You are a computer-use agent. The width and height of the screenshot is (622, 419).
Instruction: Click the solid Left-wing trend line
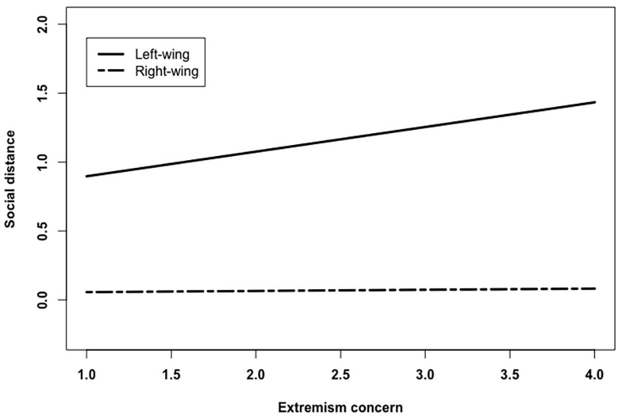(340, 139)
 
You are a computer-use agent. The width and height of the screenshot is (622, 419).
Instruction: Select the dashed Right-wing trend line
(340, 291)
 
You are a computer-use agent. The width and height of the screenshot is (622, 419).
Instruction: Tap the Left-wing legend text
(162, 54)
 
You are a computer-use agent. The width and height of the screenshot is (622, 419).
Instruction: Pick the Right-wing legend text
(167, 71)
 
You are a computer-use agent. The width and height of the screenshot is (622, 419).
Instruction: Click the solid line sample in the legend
(111, 54)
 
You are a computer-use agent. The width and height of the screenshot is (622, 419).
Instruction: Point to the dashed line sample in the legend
(111, 71)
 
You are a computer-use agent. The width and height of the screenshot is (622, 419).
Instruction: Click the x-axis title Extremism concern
(340, 408)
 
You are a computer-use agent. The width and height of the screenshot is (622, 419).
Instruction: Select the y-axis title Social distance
(10, 179)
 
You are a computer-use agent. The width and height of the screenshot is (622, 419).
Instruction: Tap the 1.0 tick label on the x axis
(86, 374)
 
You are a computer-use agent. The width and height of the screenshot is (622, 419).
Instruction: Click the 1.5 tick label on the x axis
(171, 374)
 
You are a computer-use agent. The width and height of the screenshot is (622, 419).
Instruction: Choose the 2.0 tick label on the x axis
(256, 374)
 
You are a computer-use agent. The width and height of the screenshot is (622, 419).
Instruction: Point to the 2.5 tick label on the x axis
(340, 374)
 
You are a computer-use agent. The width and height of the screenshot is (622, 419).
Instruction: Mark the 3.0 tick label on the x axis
(425, 374)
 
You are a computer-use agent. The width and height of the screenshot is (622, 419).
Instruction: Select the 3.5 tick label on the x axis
(509, 374)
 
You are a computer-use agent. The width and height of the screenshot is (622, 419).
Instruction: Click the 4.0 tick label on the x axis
(594, 374)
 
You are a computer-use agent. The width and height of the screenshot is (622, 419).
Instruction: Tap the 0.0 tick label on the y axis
(42, 300)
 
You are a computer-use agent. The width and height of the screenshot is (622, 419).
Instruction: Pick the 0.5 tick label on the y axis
(42, 231)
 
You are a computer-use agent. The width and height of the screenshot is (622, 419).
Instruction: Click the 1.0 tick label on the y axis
(42, 162)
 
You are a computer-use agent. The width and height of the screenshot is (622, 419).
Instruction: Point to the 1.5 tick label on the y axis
(42, 94)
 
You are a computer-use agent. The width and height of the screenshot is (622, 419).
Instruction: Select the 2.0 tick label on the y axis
(42, 24)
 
